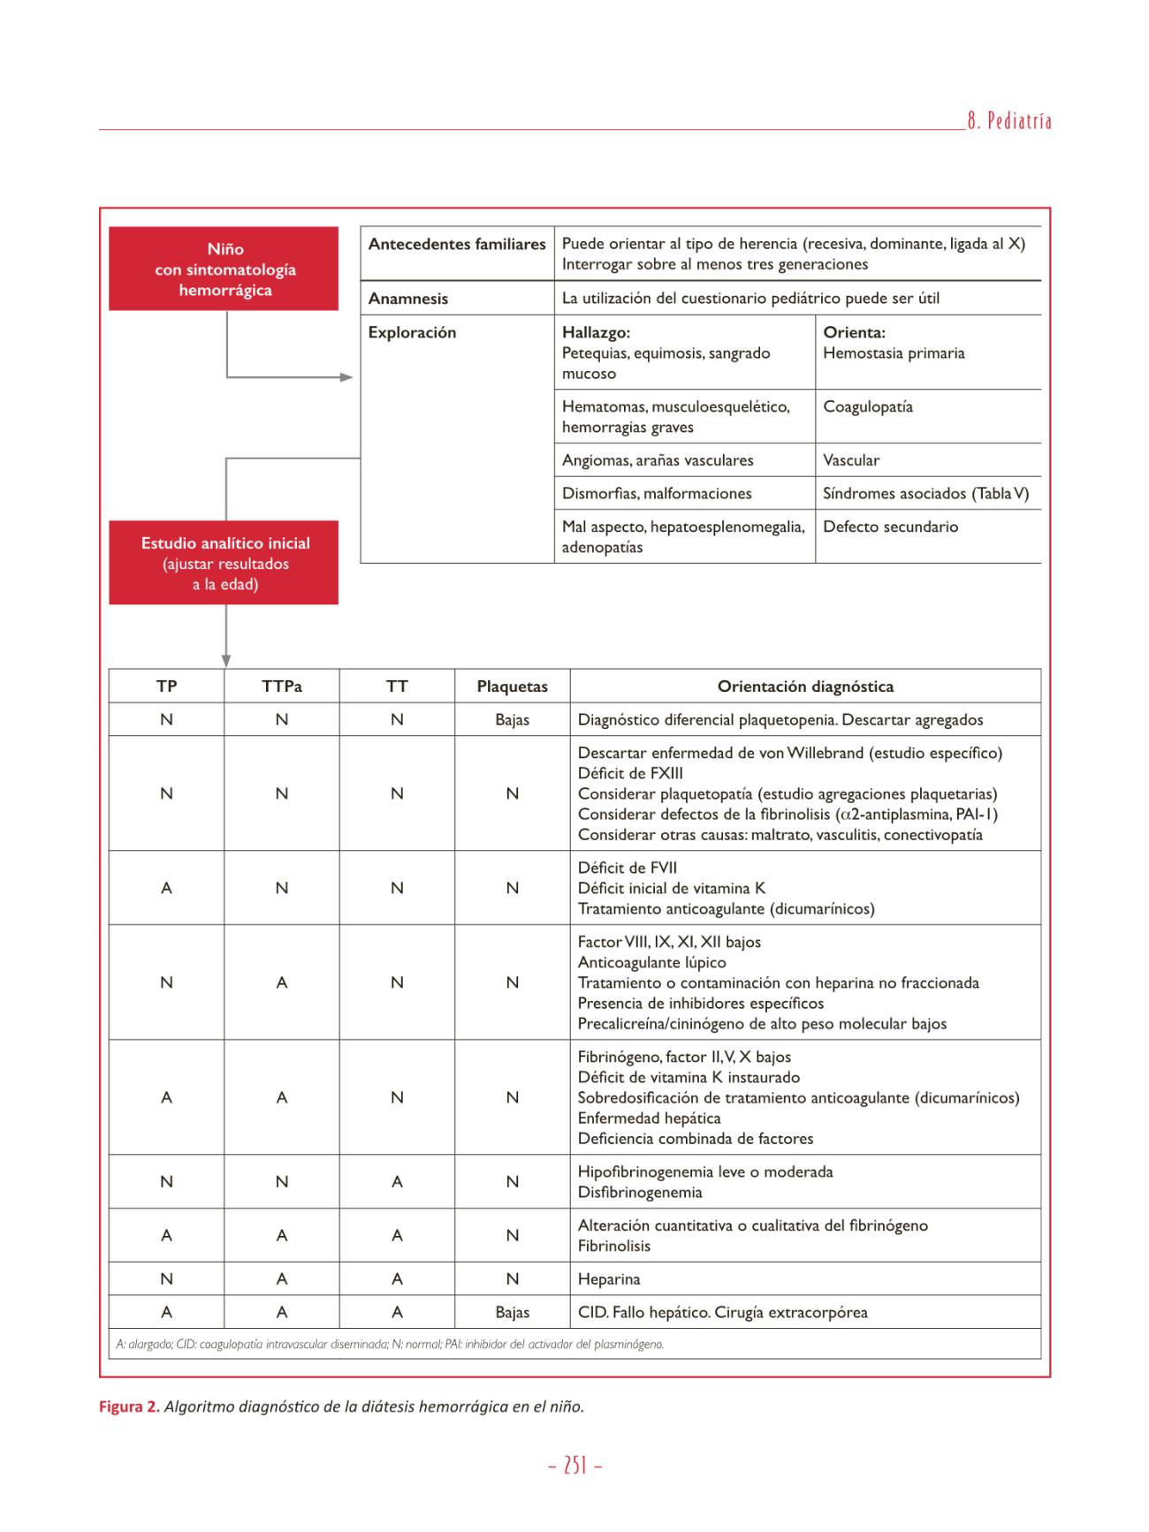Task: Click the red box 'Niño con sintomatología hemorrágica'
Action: [224, 269]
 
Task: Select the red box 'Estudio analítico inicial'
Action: [224, 563]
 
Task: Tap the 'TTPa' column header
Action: [282, 686]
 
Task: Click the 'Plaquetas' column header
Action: [512, 686]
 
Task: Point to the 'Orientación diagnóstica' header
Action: [805, 686]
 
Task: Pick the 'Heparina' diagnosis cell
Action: [609, 1278]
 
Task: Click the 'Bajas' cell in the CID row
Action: [512, 1312]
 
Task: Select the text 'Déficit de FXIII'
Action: [630, 773]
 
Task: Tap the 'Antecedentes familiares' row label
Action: [457, 244]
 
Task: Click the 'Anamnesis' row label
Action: [408, 299]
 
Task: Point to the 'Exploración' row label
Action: [412, 332]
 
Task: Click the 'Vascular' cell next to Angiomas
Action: [851, 460]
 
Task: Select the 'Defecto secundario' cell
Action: [890, 527]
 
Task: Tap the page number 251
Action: [575, 1466]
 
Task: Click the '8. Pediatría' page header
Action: [1008, 122]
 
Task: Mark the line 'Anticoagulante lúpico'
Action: [651, 962]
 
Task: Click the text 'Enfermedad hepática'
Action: [649, 1118]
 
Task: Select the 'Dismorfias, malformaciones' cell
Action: [657, 493]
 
